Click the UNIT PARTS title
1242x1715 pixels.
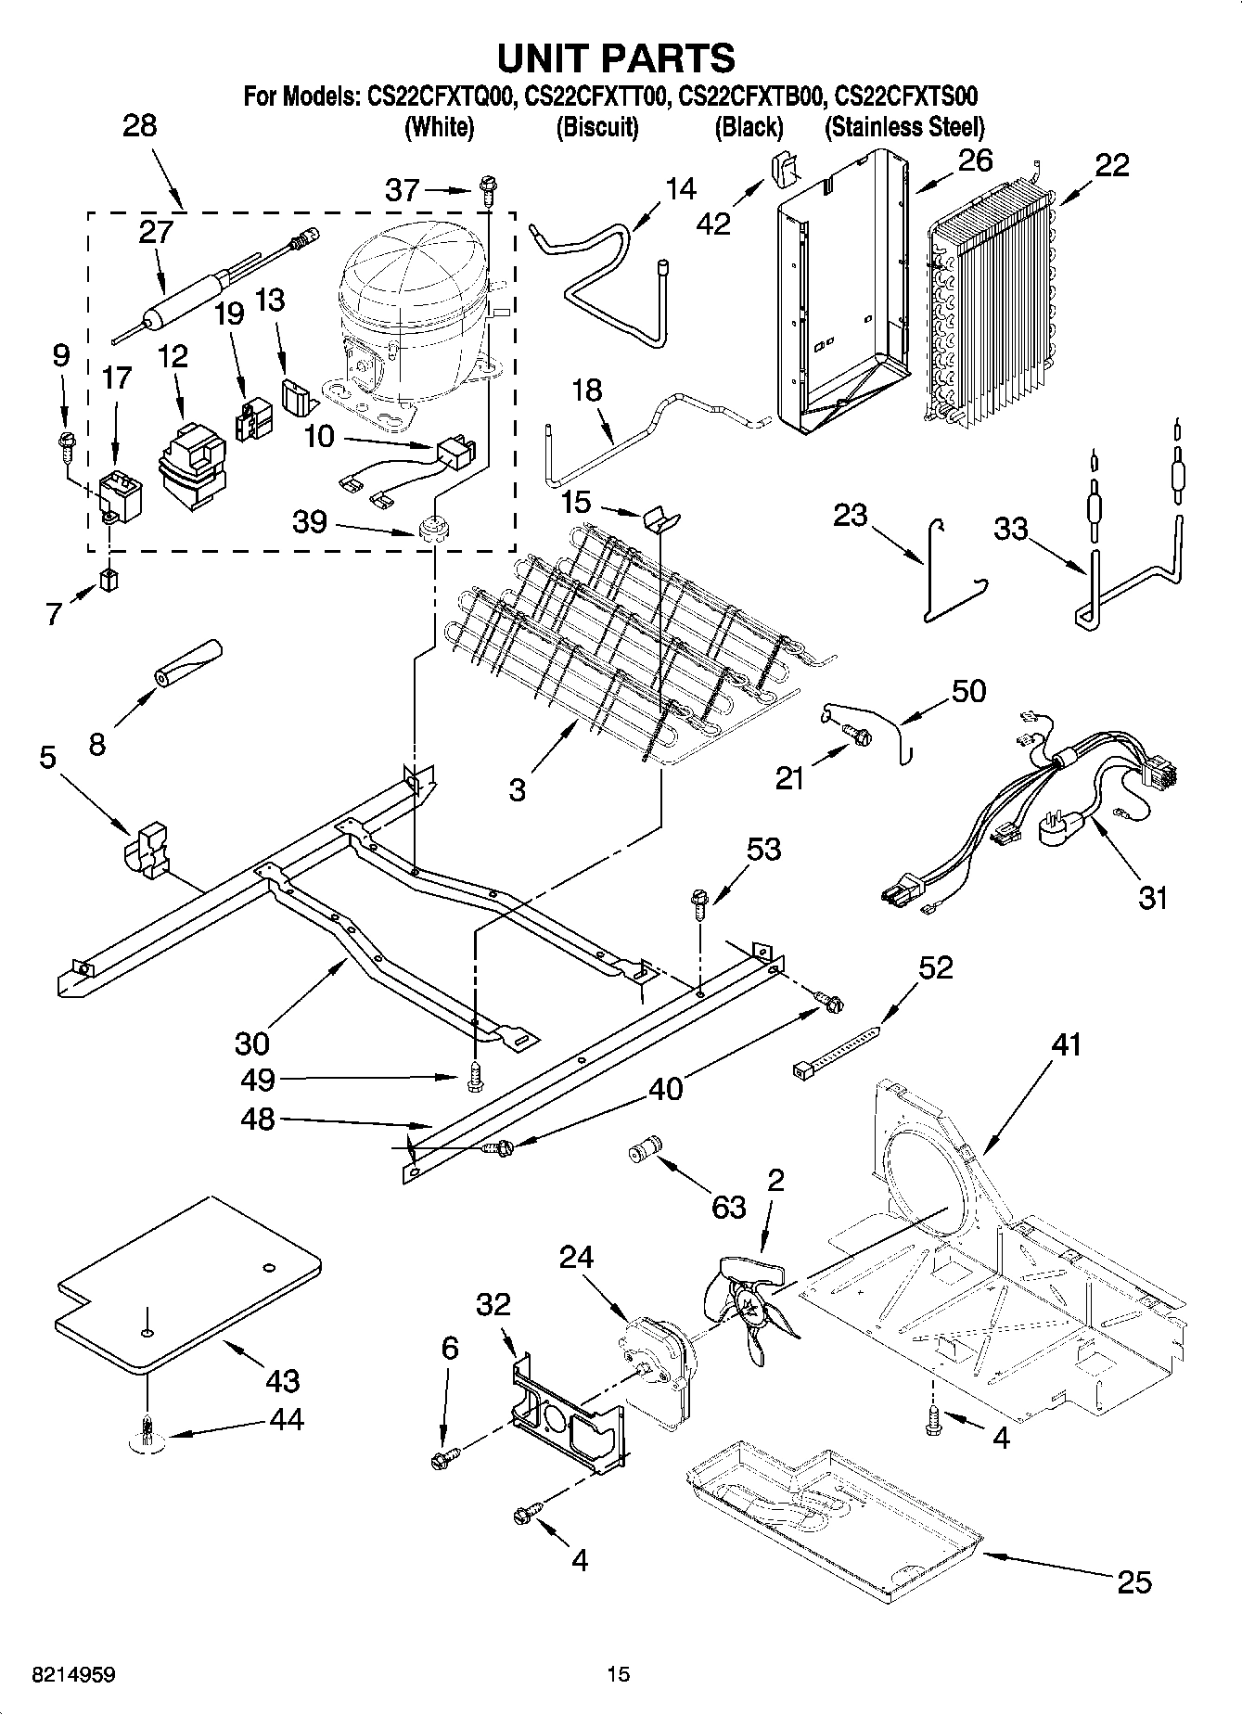click(x=616, y=58)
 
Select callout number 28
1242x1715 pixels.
click(x=140, y=126)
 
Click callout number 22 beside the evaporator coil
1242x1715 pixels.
click(x=1111, y=165)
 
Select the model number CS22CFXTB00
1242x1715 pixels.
click(x=749, y=96)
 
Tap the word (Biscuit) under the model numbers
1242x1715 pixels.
click(x=596, y=127)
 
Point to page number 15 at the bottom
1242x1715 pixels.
click(x=618, y=1674)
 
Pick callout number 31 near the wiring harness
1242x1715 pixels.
click(x=1153, y=898)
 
